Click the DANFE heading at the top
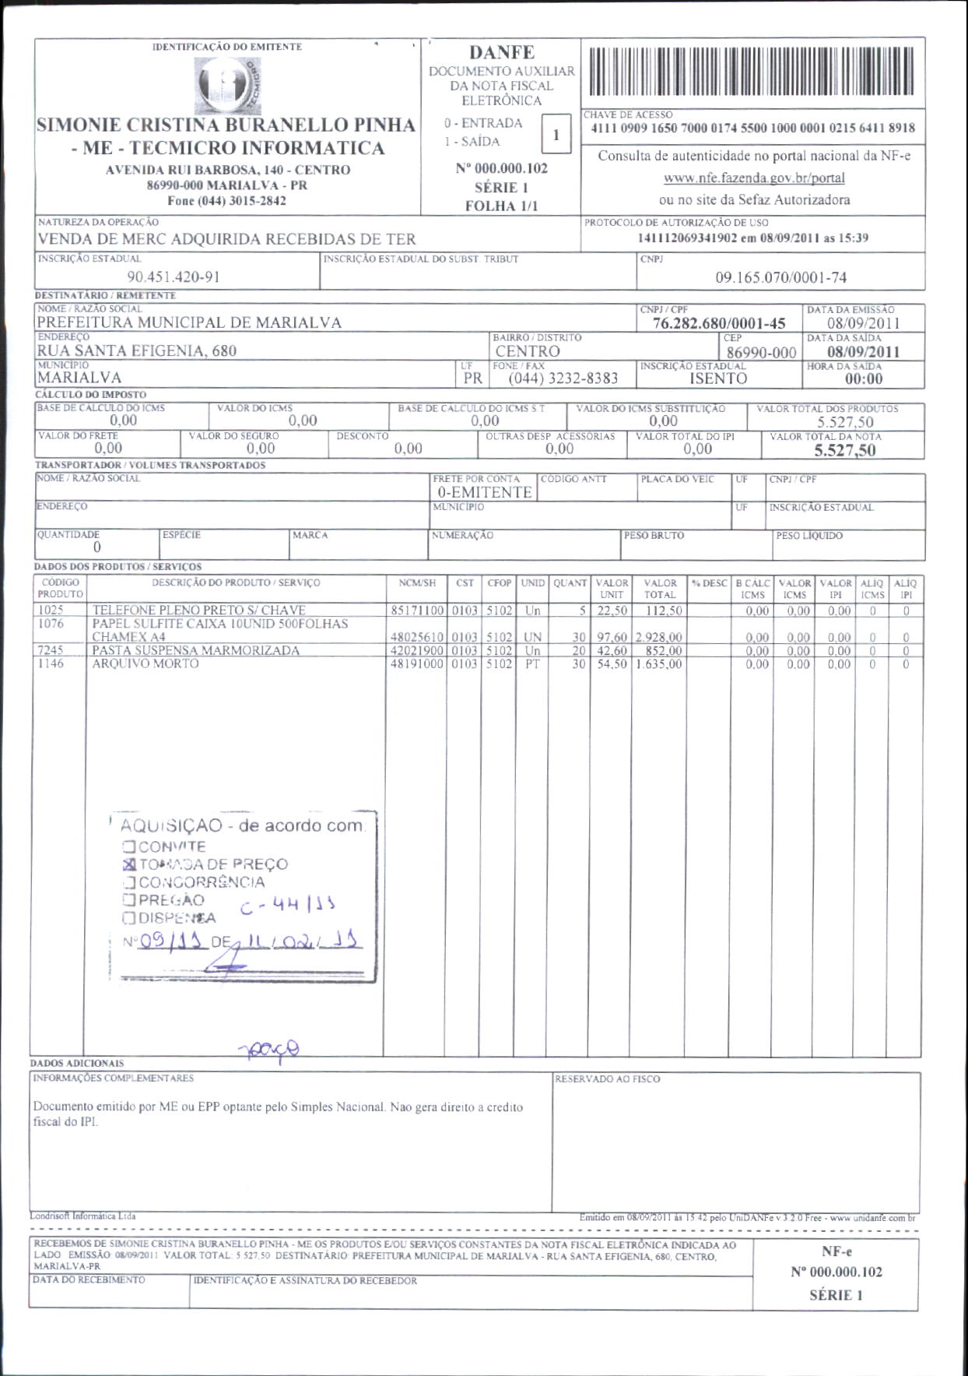tap(501, 53)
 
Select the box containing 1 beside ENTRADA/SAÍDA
tap(556, 135)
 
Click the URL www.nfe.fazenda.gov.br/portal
tap(753, 178)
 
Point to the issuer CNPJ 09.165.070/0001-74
tap(780, 277)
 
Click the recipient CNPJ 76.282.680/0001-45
tap(719, 323)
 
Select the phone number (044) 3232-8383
tap(563, 378)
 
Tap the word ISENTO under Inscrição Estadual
tap(717, 379)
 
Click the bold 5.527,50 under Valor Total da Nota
tap(844, 450)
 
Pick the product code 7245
tap(51, 650)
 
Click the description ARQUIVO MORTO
tap(146, 664)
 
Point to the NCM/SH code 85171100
tap(417, 611)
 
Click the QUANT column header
tap(570, 583)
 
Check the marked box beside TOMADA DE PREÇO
tap(130, 864)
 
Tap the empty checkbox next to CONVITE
tap(129, 846)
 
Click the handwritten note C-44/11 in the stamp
tap(288, 906)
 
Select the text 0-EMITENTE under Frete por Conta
tap(484, 492)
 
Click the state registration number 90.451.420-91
tap(174, 277)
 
